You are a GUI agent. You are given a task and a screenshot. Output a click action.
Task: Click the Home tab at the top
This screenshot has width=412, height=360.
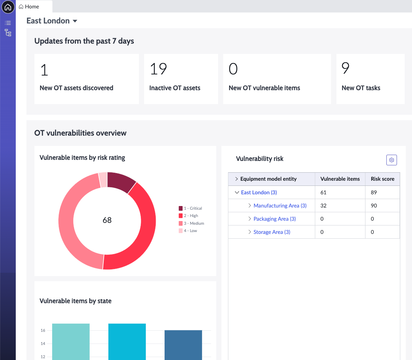coord(29,7)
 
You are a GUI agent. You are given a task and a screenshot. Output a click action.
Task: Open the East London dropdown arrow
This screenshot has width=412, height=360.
coord(75,21)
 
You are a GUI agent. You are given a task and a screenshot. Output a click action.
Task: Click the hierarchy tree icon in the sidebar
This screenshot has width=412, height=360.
coord(8,33)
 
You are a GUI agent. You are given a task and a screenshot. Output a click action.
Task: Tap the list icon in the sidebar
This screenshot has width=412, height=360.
coord(8,23)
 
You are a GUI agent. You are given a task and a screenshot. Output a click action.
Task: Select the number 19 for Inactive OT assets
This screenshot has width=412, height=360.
coord(158,69)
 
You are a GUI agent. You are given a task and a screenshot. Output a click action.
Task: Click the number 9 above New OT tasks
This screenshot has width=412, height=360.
coord(345,68)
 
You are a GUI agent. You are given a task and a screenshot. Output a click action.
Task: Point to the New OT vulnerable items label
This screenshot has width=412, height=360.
coord(264,88)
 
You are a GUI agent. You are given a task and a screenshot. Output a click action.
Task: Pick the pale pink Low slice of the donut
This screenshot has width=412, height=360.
coord(103,180)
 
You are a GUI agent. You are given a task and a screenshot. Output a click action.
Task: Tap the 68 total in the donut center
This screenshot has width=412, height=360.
coord(107,220)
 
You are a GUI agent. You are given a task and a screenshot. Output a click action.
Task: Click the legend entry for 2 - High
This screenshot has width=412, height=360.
coord(188,216)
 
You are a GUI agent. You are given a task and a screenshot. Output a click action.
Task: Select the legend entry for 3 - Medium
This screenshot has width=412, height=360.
coord(191,223)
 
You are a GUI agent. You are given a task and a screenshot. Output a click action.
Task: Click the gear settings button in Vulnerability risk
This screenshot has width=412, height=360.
coord(391,160)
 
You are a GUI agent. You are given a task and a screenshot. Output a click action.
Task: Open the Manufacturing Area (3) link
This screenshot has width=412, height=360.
coord(280,206)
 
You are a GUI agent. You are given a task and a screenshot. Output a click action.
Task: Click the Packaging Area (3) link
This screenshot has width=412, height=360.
coord(275,218)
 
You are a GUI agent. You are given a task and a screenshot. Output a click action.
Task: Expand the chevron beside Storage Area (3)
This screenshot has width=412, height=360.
coord(250,232)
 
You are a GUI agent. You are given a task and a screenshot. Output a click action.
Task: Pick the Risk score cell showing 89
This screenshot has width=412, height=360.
coord(374,192)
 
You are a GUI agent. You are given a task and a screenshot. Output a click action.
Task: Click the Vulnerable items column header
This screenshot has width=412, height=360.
coord(340,179)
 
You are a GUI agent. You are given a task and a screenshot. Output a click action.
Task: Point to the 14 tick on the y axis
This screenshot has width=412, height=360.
coord(43,344)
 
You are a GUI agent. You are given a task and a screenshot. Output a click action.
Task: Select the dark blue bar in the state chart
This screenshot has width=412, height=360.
coord(183,345)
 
